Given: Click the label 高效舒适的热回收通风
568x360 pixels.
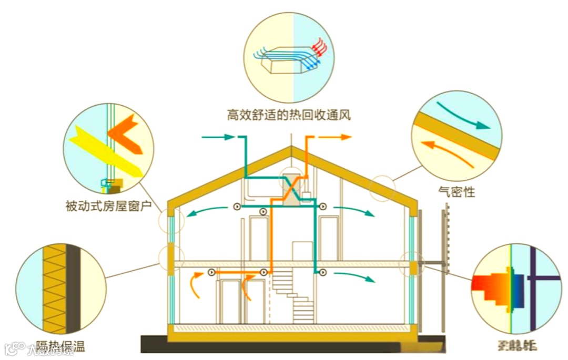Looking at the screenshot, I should click(x=289, y=115).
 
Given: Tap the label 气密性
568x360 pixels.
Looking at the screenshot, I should click(x=456, y=192).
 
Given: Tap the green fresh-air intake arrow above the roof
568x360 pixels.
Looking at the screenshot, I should click(x=218, y=137).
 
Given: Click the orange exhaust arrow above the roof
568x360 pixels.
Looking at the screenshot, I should click(x=337, y=137).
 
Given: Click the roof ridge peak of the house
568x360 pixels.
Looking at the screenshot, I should click(x=291, y=148).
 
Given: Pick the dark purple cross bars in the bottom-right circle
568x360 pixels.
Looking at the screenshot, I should click(x=534, y=279).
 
